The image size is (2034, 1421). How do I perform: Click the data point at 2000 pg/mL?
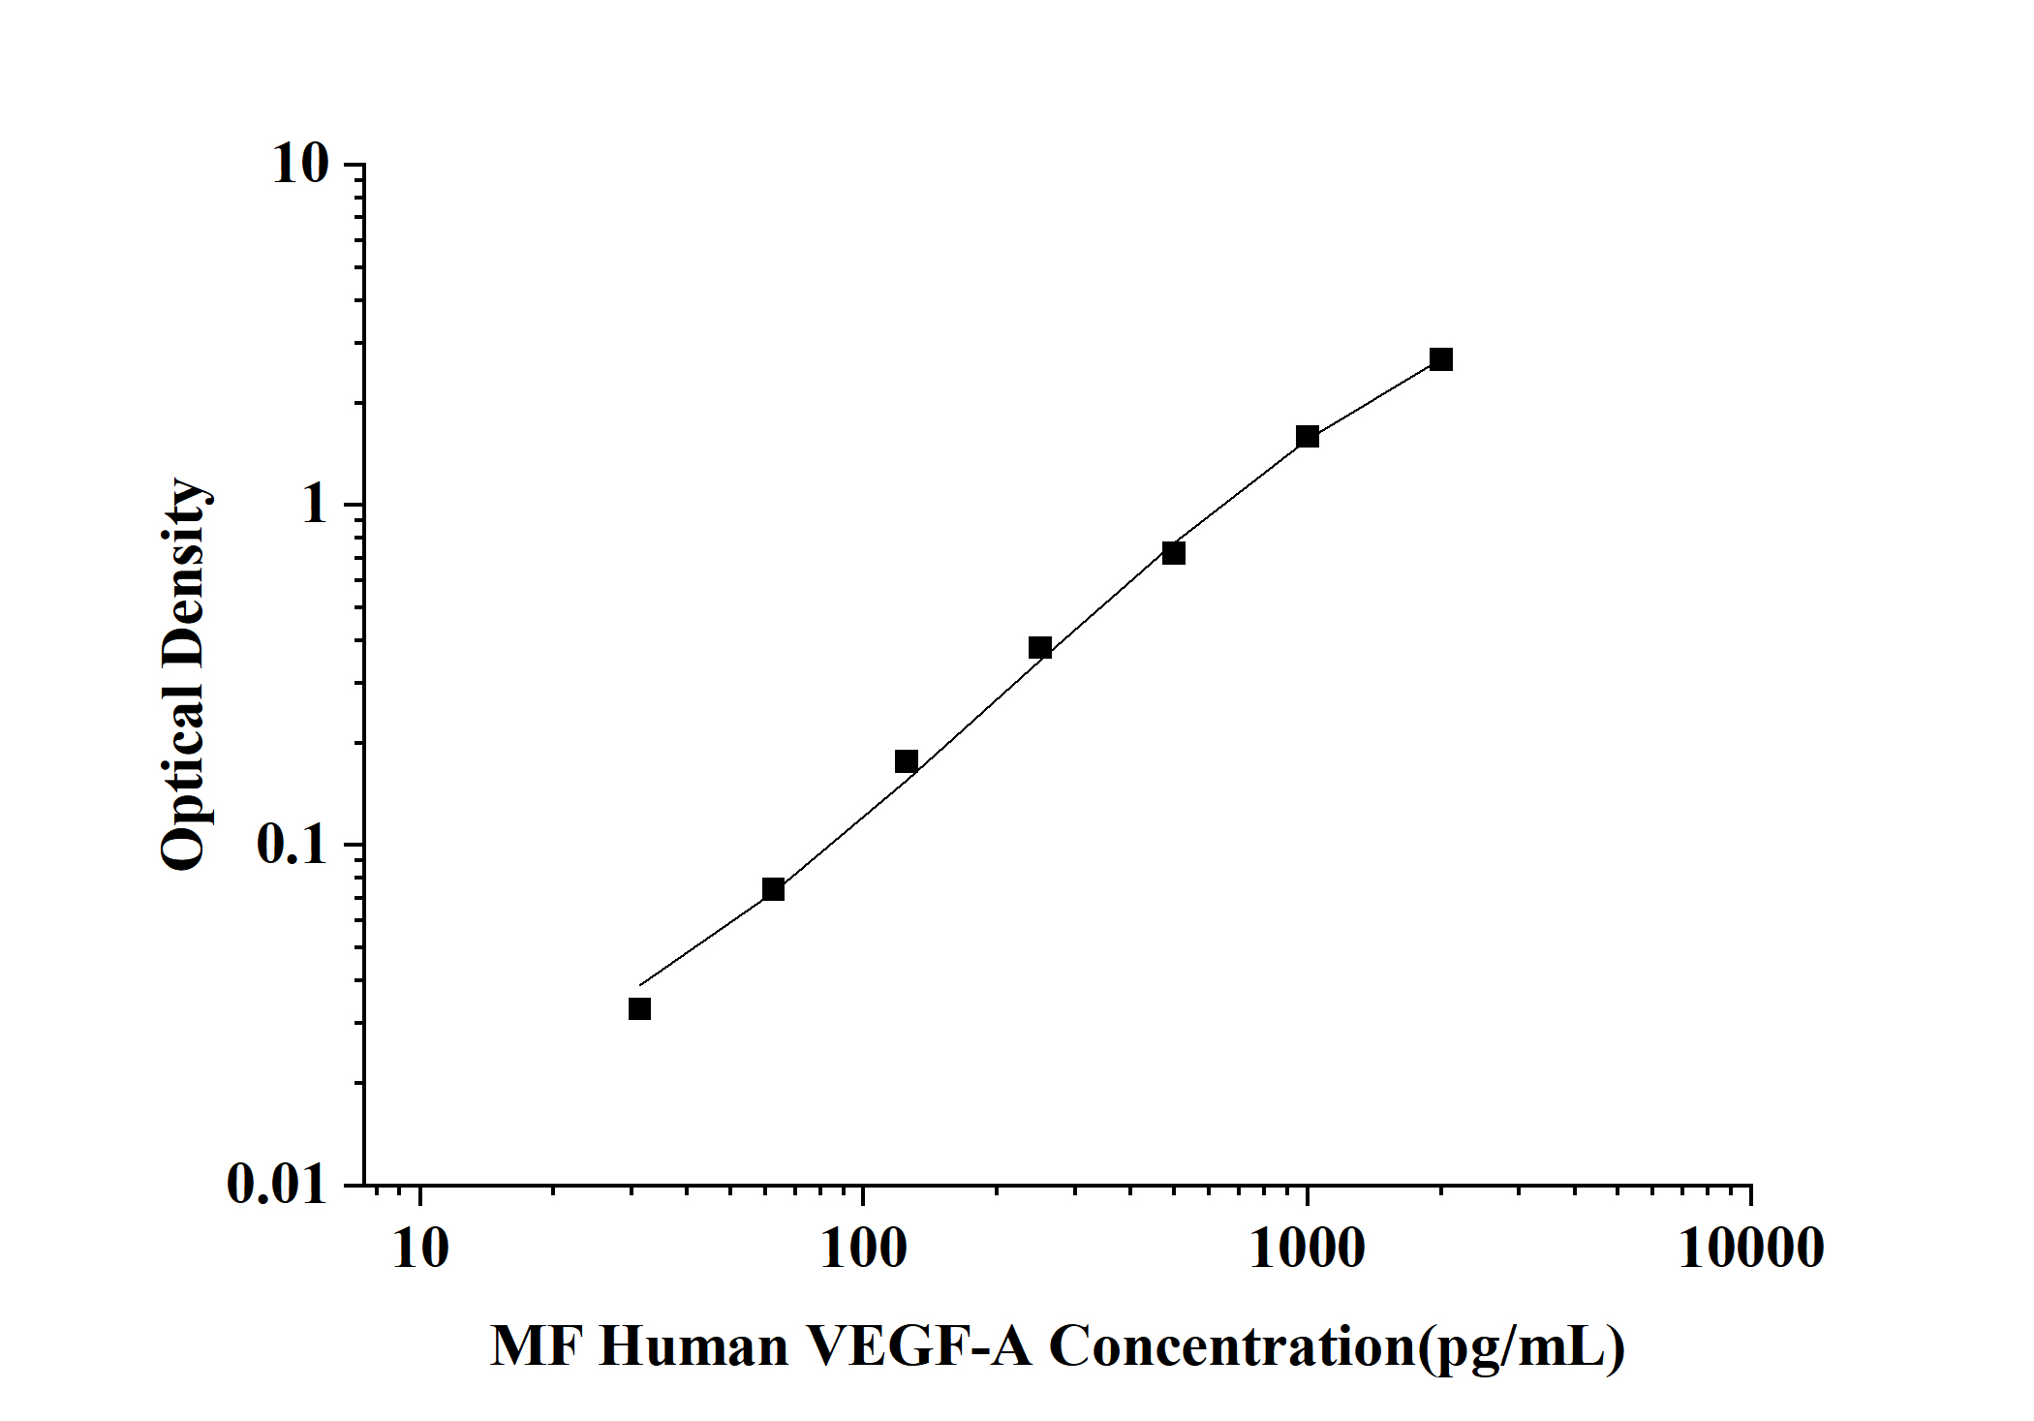click(x=1441, y=359)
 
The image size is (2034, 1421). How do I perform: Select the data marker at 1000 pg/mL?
click(x=1308, y=436)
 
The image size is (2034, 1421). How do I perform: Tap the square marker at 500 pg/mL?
click(x=1174, y=553)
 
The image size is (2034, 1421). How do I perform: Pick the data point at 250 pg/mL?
click(x=1040, y=647)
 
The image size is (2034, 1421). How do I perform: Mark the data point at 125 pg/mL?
click(x=907, y=761)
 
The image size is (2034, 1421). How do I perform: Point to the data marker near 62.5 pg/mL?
click(x=773, y=889)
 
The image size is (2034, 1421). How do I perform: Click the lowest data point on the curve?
click(x=639, y=1009)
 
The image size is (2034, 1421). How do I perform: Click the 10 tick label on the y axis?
click(x=301, y=164)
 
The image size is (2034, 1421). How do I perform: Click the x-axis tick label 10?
click(x=420, y=1249)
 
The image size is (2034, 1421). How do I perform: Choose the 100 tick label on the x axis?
click(x=863, y=1249)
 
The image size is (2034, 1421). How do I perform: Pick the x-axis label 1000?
click(x=1308, y=1249)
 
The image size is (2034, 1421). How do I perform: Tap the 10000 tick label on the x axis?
click(x=1751, y=1249)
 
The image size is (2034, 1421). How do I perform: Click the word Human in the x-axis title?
click(x=693, y=1347)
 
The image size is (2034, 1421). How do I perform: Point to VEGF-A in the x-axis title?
click(x=920, y=1347)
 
